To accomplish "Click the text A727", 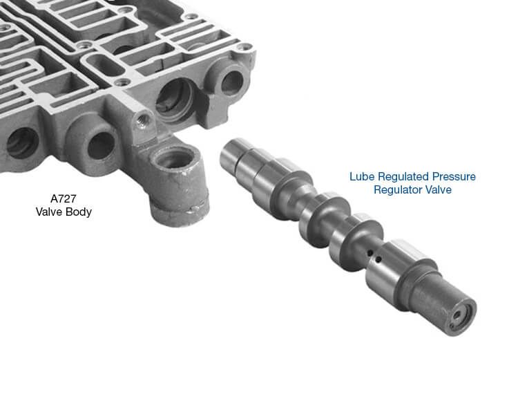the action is (x=63, y=198).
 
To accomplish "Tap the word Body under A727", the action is (x=79, y=212).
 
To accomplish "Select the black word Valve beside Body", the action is (x=49, y=212).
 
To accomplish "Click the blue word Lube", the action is (x=362, y=176).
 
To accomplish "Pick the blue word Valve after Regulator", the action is (x=438, y=189).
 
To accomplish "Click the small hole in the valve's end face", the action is (x=457, y=315).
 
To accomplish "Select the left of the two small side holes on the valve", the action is (x=370, y=253).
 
